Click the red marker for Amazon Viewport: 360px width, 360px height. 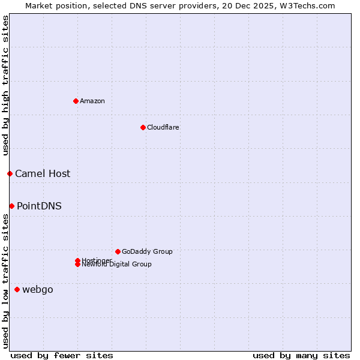[x=76, y=101]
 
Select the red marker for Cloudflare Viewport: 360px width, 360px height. [x=143, y=127]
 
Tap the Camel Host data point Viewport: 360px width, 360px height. [x=10, y=173]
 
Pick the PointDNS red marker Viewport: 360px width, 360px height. [x=11, y=206]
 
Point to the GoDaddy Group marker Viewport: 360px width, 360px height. [x=118, y=251]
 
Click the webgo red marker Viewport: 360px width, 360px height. [x=17, y=289]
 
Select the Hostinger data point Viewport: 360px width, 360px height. [x=77, y=260]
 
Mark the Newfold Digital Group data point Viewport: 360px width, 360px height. [x=77, y=265]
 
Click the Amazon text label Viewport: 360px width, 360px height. [x=92, y=101]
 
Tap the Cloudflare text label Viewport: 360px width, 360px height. [x=163, y=127]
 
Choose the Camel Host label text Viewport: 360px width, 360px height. [x=43, y=173]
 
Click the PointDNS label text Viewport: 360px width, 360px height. [x=39, y=206]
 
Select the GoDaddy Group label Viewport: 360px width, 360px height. [x=147, y=251]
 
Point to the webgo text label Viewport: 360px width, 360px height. [x=38, y=289]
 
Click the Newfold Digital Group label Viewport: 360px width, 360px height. [x=117, y=265]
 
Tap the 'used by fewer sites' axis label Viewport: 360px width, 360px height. [x=62, y=355]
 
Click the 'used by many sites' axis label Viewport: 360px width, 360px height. [x=301, y=355]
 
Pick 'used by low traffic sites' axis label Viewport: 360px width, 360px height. [x=5, y=281]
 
